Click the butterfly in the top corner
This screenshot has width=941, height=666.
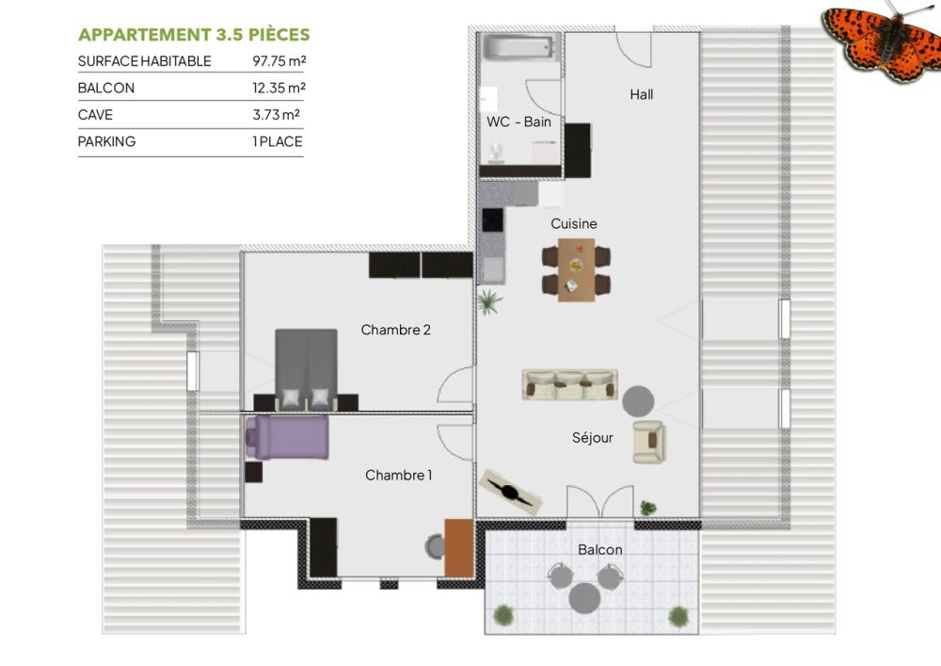point(882,39)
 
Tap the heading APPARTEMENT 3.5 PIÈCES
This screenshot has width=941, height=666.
point(194,35)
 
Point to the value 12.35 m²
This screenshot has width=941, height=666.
point(279,88)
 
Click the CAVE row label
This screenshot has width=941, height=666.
point(95,115)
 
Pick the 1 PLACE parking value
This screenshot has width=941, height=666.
point(278,141)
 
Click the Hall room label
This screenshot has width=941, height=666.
point(641,94)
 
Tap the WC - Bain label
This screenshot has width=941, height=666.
point(518,122)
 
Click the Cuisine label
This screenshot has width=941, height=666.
point(574,223)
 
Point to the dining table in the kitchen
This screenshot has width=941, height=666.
point(577,269)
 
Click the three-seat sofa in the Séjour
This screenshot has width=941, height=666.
point(570,384)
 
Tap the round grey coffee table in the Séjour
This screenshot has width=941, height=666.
point(639,401)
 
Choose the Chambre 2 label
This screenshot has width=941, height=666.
point(395,330)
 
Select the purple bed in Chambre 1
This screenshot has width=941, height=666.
point(288,438)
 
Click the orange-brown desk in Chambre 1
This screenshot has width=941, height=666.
point(459,547)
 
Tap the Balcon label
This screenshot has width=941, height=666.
point(599,549)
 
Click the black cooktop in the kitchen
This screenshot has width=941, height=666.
point(492,219)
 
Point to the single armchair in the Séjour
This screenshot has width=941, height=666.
point(648,442)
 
